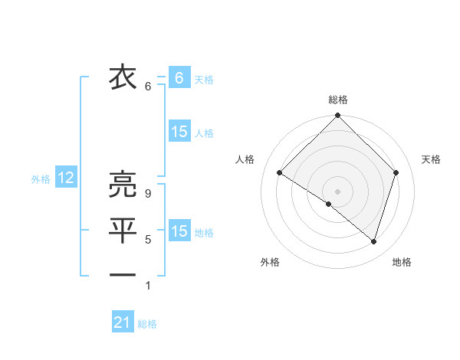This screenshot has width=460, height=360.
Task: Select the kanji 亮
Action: (x=123, y=185)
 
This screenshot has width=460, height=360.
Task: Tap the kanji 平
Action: (x=123, y=229)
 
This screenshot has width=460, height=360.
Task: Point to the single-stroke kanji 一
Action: (x=123, y=273)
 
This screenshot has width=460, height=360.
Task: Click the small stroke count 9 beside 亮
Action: (x=148, y=195)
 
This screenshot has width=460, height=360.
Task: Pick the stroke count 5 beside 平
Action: (x=148, y=240)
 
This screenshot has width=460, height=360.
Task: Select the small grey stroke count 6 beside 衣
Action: (x=148, y=87)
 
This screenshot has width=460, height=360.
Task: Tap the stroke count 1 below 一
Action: (x=148, y=286)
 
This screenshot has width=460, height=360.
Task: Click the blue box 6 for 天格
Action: (x=179, y=77)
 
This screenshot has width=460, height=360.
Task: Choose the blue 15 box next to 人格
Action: (x=179, y=132)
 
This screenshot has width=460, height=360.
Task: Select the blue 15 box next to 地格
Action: (x=179, y=231)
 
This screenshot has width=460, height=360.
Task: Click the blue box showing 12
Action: (x=65, y=178)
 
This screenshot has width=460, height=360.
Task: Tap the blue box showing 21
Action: (x=123, y=322)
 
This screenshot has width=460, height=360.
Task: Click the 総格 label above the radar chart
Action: (x=337, y=100)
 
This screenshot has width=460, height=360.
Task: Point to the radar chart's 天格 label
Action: (x=432, y=159)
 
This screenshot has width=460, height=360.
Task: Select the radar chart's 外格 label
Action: (x=270, y=262)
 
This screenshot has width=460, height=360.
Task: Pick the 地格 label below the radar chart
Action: (x=402, y=262)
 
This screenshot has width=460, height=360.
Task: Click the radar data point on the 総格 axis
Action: (x=337, y=116)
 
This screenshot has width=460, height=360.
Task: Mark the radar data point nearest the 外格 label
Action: (x=329, y=204)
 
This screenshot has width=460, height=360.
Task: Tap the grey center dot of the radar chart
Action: (x=337, y=191)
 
